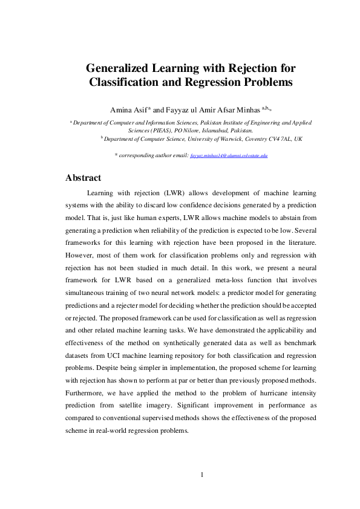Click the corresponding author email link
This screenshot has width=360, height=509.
[x=229, y=155]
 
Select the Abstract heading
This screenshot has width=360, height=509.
[x=83, y=178]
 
